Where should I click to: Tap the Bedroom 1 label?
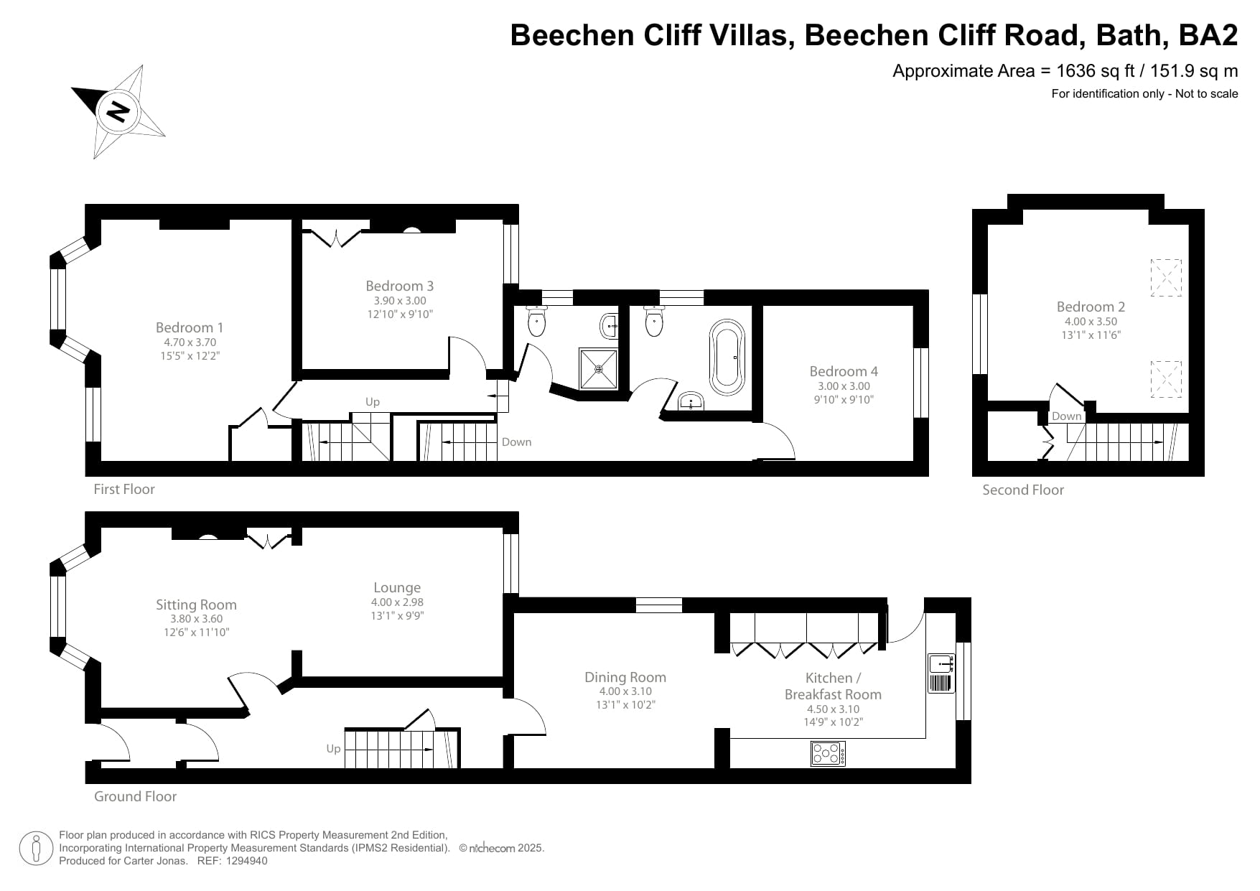click(190, 327)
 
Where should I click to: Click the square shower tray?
click(598, 368)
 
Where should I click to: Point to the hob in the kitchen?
click(828, 753)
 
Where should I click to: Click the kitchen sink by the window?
click(941, 664)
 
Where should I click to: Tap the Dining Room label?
click(625, 677)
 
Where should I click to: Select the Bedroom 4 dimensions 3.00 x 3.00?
click(843, 386)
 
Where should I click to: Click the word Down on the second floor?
click(1066, 416)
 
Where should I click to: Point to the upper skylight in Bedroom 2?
click(1166, 278)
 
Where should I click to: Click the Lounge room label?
click(397, 587)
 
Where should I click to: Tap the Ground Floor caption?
click(135, 796)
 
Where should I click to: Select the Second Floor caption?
click(1023, 490)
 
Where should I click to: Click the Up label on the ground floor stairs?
click(333, 749)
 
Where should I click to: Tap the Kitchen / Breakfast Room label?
click(833, 686)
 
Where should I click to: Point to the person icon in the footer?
click(37, 849)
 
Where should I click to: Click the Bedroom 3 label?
click(399, 286)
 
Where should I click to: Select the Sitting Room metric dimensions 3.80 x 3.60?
click(196, 619)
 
